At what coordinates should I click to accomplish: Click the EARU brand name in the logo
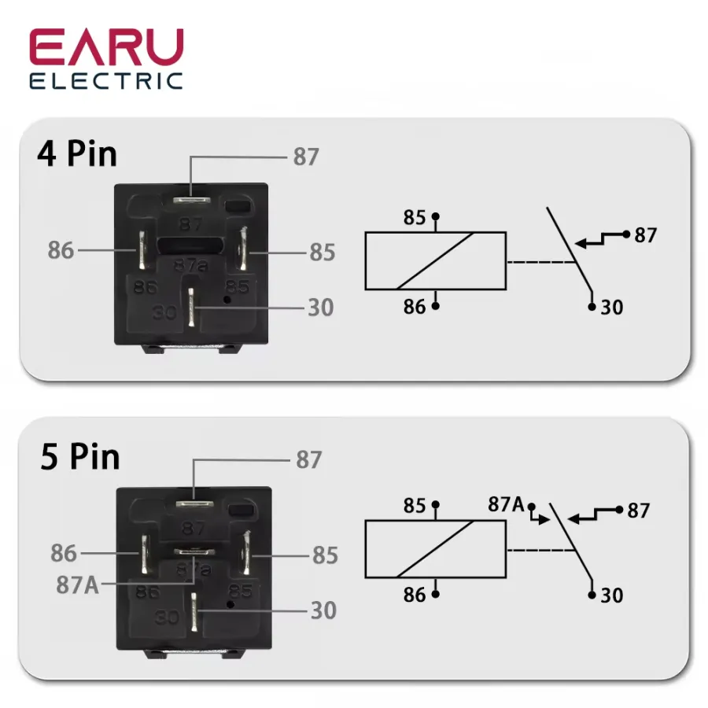106,47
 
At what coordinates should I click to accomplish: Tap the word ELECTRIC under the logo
106,81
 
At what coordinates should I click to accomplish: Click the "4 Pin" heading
77,154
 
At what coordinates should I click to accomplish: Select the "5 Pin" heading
80,457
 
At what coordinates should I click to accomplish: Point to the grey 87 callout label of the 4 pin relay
306,157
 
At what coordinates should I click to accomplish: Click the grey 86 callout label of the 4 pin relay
61,250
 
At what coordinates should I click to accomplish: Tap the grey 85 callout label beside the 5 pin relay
325,555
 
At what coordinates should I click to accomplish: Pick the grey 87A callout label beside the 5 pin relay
78,584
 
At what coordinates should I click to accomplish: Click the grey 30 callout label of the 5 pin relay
323,610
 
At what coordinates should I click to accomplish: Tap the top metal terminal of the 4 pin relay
192,200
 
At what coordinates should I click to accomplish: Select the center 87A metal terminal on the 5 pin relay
194,551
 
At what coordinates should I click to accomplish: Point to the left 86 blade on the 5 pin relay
145,554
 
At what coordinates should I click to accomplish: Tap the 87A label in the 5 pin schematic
506,504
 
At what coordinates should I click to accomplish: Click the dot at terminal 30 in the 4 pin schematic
592,307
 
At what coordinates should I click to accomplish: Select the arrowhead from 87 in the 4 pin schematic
581,244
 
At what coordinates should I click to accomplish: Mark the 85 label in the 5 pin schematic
415,506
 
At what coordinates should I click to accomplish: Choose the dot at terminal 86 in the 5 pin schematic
436,594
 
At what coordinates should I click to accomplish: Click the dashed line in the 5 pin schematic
541,550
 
